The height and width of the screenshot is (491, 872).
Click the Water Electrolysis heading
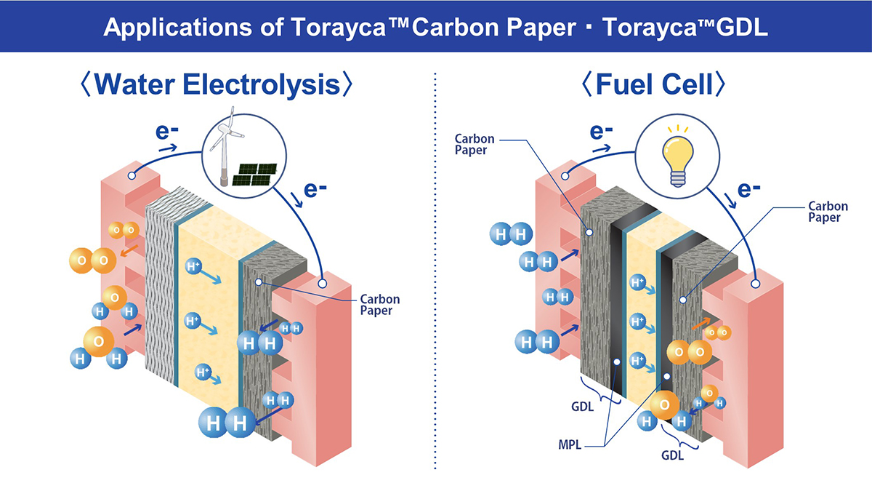point(217,84)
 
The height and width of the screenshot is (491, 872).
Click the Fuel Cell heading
point(653,84)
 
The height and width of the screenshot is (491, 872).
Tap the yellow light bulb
point(678,156)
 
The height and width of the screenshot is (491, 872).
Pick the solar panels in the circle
point(254,174)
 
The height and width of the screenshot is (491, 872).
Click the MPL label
point(570,444)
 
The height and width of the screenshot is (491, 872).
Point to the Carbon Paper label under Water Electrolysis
point(379,305)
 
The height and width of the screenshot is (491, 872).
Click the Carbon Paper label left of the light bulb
point(474,144)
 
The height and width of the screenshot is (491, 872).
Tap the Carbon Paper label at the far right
point(828,212)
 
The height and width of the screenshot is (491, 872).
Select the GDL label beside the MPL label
point(582,407)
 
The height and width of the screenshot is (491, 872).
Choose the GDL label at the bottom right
point(672,455)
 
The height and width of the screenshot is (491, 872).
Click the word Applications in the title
point(178,28)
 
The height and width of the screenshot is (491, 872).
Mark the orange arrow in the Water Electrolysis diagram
point(129,250)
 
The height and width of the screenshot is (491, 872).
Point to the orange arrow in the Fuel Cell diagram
point(701,324)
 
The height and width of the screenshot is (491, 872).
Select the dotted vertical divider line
point(435,271)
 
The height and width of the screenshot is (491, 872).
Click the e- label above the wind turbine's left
point(166,132)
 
